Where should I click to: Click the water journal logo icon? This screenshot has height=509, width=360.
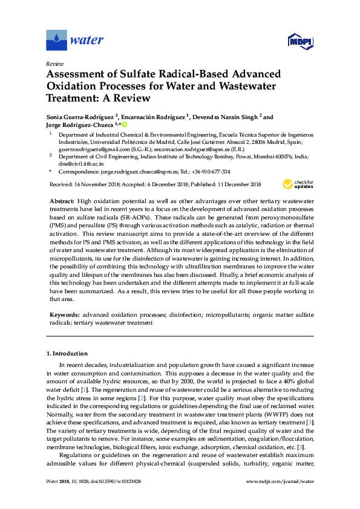[56, 41]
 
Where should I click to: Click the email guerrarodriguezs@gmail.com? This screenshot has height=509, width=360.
[92, 148]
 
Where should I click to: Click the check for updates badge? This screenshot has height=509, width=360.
[296, 184]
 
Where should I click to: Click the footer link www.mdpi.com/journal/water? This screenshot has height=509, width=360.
[281, 497]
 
